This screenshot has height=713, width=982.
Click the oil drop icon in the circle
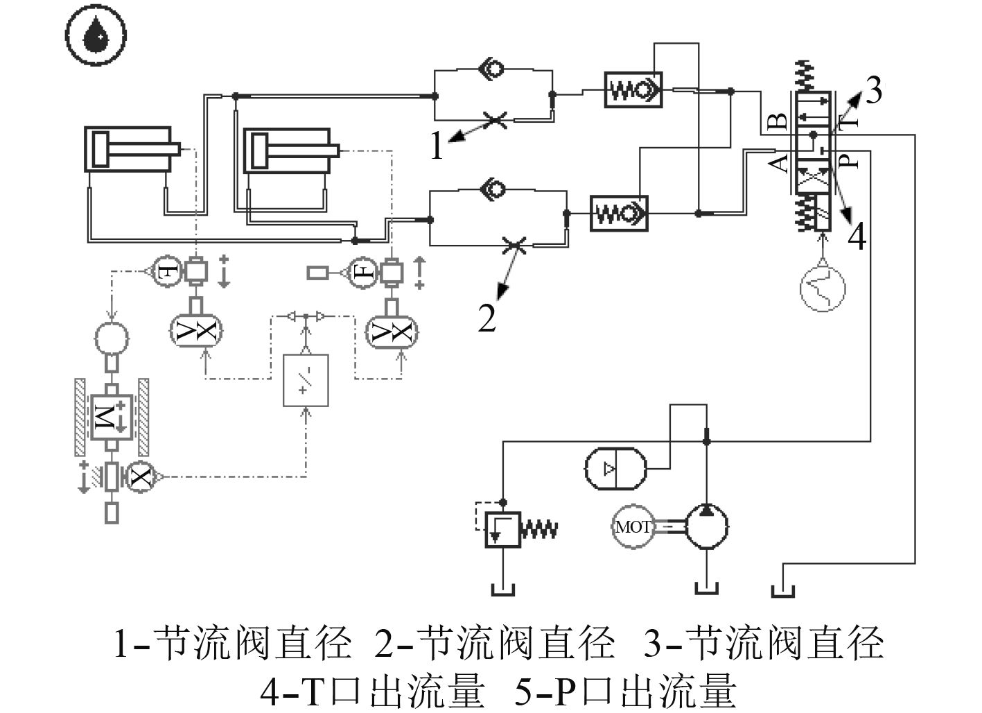click(96, 35)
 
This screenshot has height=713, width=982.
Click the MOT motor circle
click(633, 526)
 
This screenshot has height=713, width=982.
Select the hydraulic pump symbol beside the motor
click(706, 526)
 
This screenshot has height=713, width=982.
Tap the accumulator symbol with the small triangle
click(616, 469)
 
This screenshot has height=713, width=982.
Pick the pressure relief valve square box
click(503, 530)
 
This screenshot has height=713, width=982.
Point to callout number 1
click(437, 145)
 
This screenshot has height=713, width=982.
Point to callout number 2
click(487, 318)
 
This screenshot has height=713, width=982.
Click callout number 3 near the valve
click(874, 90)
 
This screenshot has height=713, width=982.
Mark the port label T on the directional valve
click(848, 119)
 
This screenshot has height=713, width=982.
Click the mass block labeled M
click(112, 416)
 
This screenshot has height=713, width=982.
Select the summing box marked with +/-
click(306, 380)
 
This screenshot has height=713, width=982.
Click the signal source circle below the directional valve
click(823, 289)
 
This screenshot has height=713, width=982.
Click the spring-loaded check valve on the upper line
click(633, 90)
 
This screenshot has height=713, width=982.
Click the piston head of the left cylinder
click(101, 148)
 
